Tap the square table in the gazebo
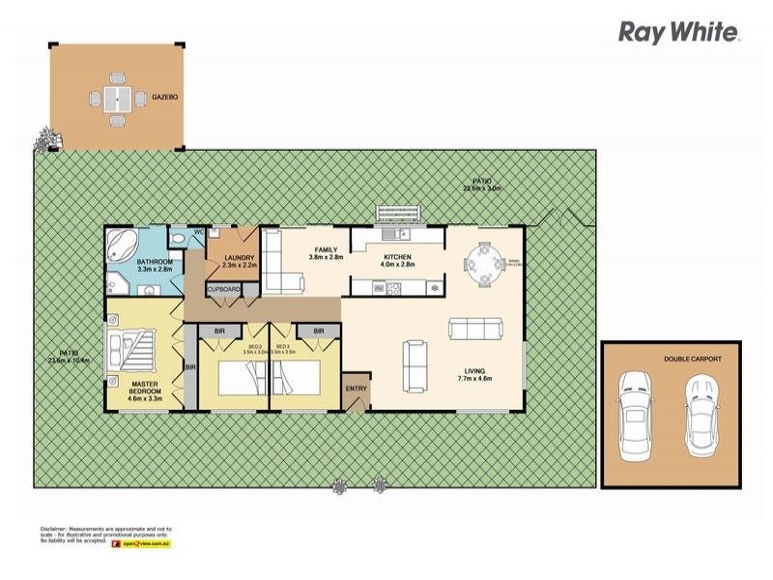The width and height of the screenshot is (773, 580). pos(117,98)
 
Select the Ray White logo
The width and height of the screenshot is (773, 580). pos(679,33)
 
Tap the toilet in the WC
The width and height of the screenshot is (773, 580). pos(178,238)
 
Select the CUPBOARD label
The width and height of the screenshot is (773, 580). pos(222,288)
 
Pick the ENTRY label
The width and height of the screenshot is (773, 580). pos(357,390)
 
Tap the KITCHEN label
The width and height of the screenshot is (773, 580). pos(398,257)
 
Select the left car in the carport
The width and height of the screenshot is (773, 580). pos(635,405)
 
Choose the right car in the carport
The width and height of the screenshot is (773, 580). pos(702,405)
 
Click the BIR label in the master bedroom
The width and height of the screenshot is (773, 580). pos(190,368)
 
